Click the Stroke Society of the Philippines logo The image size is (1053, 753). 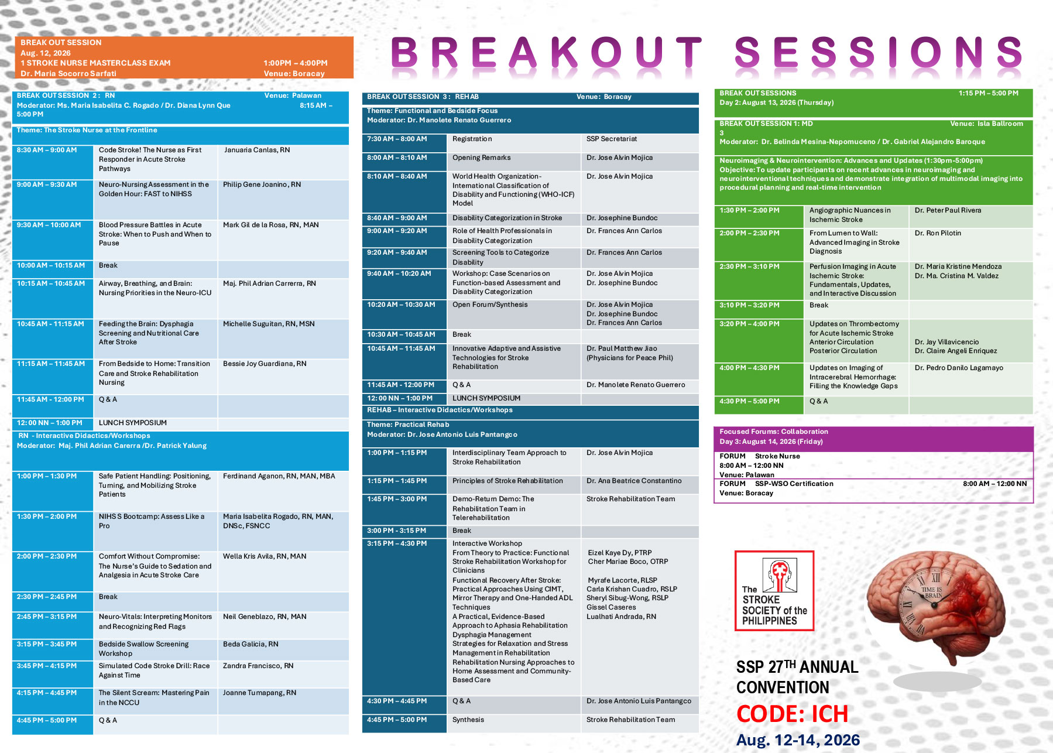click(774, 591)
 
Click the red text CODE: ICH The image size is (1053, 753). click(792, 714)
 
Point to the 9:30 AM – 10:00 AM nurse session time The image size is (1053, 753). click(49, 225)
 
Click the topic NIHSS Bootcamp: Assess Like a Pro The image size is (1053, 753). click(152, 521)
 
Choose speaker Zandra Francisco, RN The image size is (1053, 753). click(258, 666)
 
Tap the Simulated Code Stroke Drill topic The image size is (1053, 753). click(154, 670)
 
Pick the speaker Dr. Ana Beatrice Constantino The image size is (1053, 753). click(634, 481)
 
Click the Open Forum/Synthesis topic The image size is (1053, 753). click(490, 304)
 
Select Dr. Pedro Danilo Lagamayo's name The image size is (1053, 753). click(959, 368)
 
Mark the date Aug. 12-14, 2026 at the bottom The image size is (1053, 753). click(798, 740)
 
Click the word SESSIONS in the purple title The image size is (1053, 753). click(879, 52)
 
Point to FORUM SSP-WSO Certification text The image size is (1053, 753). click(776, 484)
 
